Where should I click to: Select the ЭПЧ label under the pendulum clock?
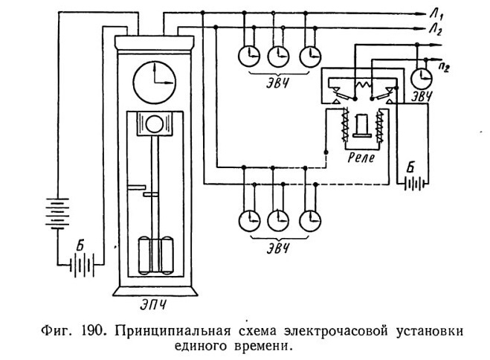[x=153, y=304]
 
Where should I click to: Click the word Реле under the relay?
[x=361, y=157]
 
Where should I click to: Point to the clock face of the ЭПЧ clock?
[x=155, y=83]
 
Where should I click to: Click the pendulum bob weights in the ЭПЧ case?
[x=155, y=255]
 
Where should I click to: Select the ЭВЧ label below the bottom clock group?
[x=277, y=248]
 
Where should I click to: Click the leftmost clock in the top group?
[x=249, y=57]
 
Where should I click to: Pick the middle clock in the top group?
[x=278, y=57]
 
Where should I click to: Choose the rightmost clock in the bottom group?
[x=310, y=221]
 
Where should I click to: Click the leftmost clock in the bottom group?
[x=249, y=221]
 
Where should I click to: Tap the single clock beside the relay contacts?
[x=422, y=78]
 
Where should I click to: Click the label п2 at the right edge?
[x=444, y=66]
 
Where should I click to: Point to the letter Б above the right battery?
[x=410, y=168]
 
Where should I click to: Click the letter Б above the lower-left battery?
[x=80, y=246]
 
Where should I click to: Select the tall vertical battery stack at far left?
[x=57, y=213]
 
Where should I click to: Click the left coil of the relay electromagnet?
[x=346, y=125]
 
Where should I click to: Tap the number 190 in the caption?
[x=93, y=331]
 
